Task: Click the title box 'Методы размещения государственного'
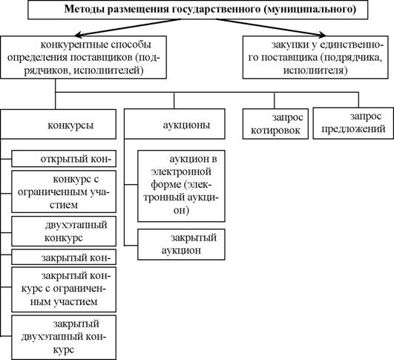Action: tap(198, 10)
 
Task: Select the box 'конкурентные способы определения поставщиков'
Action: tap(83, 57)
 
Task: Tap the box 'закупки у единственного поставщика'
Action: tap(315, 57)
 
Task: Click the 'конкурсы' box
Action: tap(58, 124)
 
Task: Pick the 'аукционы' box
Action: tap(174, 124)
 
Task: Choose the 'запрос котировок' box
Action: tap(275, 124)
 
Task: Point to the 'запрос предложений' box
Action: tap(353, 123)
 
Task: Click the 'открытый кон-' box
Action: tap(64, 159)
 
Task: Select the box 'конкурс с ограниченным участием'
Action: tap(64, 192)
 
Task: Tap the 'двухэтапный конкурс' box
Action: tap(64, 232)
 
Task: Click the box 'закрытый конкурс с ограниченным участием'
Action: tap(64, 289)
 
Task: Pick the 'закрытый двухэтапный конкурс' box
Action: tap(64, 338)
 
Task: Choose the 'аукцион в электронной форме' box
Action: tap(181, 186)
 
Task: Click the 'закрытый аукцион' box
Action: tap(181, 244)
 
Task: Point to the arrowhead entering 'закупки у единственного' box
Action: tap(322, 35)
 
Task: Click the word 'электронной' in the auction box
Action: tap(181, 172)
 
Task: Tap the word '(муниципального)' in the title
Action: tap(309, 9)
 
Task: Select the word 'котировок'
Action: tap(275, 131)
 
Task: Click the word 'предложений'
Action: tap(353, 129)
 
